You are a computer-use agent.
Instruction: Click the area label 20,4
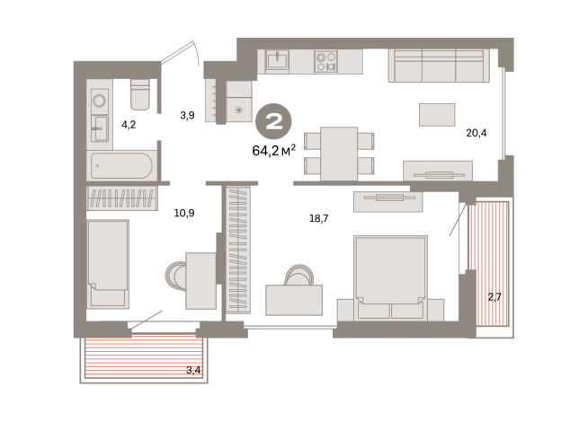(x=477, y=133)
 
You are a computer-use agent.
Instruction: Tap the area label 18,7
(x=318, y=218)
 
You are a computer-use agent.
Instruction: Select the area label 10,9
(x=184, y=213)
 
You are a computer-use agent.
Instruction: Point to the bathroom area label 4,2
(x=129, y=125)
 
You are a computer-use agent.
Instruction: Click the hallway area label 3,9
(x=187, y=115)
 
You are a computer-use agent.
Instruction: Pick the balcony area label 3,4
(x=193, y=370)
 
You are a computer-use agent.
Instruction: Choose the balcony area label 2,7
(x=494, y=297)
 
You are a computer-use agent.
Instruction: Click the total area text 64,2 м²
(x=273, y=150)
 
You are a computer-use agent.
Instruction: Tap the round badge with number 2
(x=273, y=121)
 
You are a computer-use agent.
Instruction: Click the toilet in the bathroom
(x=140, y=94)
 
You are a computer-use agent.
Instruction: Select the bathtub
(x=121, y=165)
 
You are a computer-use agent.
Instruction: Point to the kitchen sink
(x=277, y=60)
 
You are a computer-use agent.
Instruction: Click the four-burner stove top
(x=325, y=62)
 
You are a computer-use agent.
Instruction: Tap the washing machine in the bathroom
(x=100, y=101)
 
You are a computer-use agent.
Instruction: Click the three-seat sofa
(x=439, y=66)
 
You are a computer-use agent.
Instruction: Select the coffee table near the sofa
(x=437, y=115)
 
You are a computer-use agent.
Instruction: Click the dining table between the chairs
(x=339, y=154)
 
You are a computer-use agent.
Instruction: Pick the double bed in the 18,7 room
(x=390, y=277)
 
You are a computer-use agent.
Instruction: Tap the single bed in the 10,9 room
(x=108, y=264)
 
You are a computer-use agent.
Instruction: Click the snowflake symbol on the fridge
(x=238, y=110)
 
